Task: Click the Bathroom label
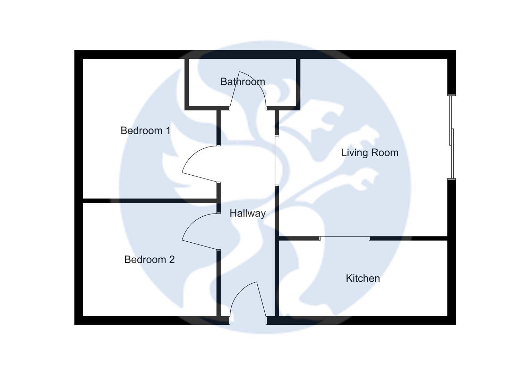(x=242, y=82)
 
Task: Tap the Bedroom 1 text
(x=145, y=131)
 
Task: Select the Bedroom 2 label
(x=149, y=259)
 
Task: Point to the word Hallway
(x=247, y=213)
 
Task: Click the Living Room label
(x=369, y=152)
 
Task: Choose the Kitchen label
(x=362, y=278)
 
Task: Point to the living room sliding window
(x=451, y=137)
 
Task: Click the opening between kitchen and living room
(x=344, y=238)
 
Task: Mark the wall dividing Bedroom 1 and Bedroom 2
(x=149, y=200)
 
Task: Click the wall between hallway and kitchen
(x=277, y=278)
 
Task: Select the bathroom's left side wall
(x=186, y=83)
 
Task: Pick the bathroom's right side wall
(x=298, y=83)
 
